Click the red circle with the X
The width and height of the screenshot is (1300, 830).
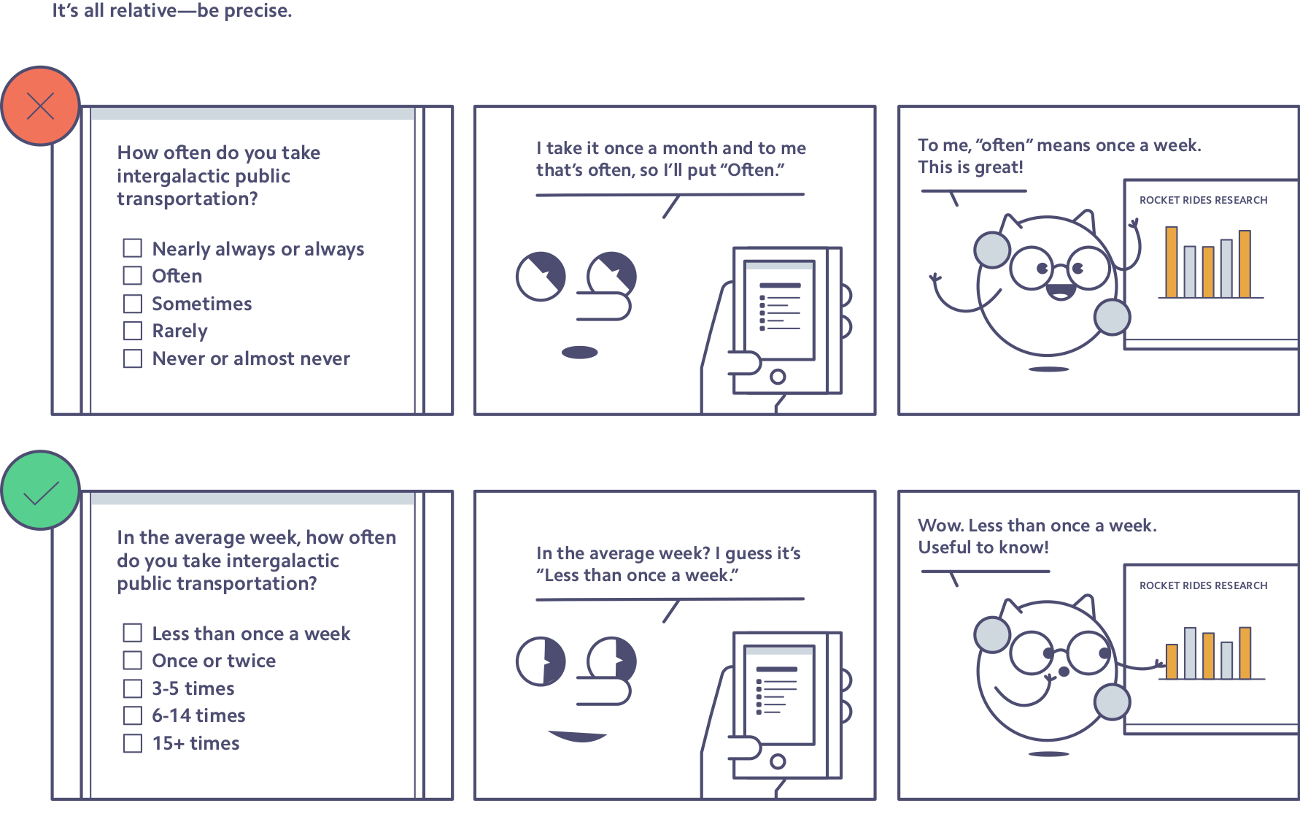(40, 106)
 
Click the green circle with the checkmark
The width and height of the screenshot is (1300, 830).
(40, 490)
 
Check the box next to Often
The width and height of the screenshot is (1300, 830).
(133, 275)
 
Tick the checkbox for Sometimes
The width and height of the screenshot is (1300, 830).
(133, 303)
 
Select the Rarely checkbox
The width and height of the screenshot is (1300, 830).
(133, 331)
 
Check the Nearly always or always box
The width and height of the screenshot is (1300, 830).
(133, 248)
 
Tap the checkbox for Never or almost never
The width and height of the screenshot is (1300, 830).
(133, 358)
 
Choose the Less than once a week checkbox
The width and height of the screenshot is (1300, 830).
(133, 632)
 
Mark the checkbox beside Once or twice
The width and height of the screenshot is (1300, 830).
(133, 660)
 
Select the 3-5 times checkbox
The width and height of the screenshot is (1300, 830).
(133, 688)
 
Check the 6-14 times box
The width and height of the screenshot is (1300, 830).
(133, 715)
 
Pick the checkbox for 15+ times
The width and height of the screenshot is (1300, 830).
(133, 743)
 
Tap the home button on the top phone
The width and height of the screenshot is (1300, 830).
(778, 377)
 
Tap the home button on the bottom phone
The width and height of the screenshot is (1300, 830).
(778, 761)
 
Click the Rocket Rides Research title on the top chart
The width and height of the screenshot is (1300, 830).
(1203, 200)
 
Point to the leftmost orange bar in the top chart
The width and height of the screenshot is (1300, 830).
(1172, 262)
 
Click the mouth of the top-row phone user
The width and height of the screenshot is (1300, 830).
(580, 353)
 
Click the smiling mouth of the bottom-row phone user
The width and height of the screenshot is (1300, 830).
(577, 736)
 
